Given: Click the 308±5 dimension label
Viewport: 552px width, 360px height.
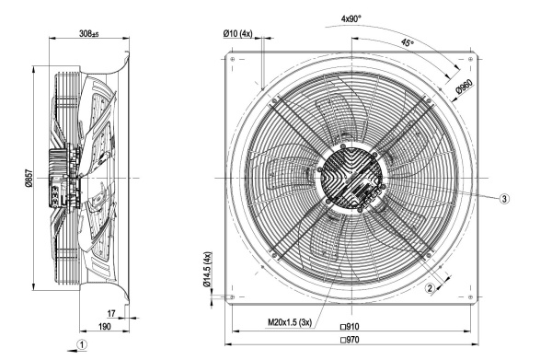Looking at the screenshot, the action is click(x=88, y=33).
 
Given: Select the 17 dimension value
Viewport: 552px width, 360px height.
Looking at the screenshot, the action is click(x=111, y=313).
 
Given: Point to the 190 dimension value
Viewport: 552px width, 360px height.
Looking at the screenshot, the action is click(x=104, y=327).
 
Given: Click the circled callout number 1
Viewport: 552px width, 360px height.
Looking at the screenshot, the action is click(x=82, y=344).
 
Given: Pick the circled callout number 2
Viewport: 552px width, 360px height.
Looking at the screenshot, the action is click(x=430, y=288).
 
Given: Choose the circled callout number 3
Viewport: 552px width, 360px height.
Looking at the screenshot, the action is click(x=504, y=199).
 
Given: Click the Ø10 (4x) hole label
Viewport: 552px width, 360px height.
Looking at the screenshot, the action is click(x=237, y=33).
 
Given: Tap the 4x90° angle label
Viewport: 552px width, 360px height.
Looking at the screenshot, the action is click(x=351, y=18).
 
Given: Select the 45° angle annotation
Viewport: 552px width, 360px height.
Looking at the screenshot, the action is click(x=408, y=43).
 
